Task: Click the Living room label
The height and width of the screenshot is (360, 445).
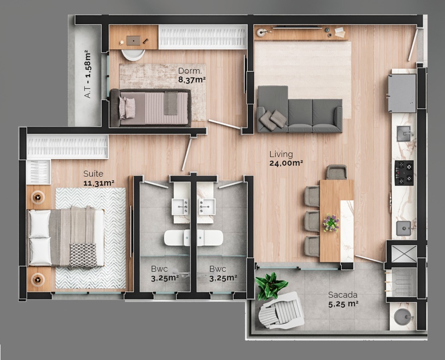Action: pos(281,154)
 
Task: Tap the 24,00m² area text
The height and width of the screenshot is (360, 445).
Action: pos(286,162)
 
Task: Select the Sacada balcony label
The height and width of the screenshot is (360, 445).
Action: pos(343,294)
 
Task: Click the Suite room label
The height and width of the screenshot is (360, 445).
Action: pos(93,174)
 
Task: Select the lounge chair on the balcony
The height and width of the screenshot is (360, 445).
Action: pos(281,311)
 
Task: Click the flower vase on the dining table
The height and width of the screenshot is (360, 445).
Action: pos(331,223)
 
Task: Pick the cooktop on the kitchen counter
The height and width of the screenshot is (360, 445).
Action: pos(404,173)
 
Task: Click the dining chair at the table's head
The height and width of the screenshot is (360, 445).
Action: pos(337,172)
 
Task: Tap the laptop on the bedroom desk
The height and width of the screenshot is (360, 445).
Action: pos(133,41)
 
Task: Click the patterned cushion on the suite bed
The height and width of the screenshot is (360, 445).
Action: pos(82,254)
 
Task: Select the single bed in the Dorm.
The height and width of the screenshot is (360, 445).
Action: pos(150,107)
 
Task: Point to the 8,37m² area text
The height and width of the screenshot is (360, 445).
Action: pos(192,79)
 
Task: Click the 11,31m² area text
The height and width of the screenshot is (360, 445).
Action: pos(98,183)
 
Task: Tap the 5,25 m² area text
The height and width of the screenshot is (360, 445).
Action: pos(343,304)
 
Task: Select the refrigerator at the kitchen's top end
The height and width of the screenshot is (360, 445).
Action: pos(401,93)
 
